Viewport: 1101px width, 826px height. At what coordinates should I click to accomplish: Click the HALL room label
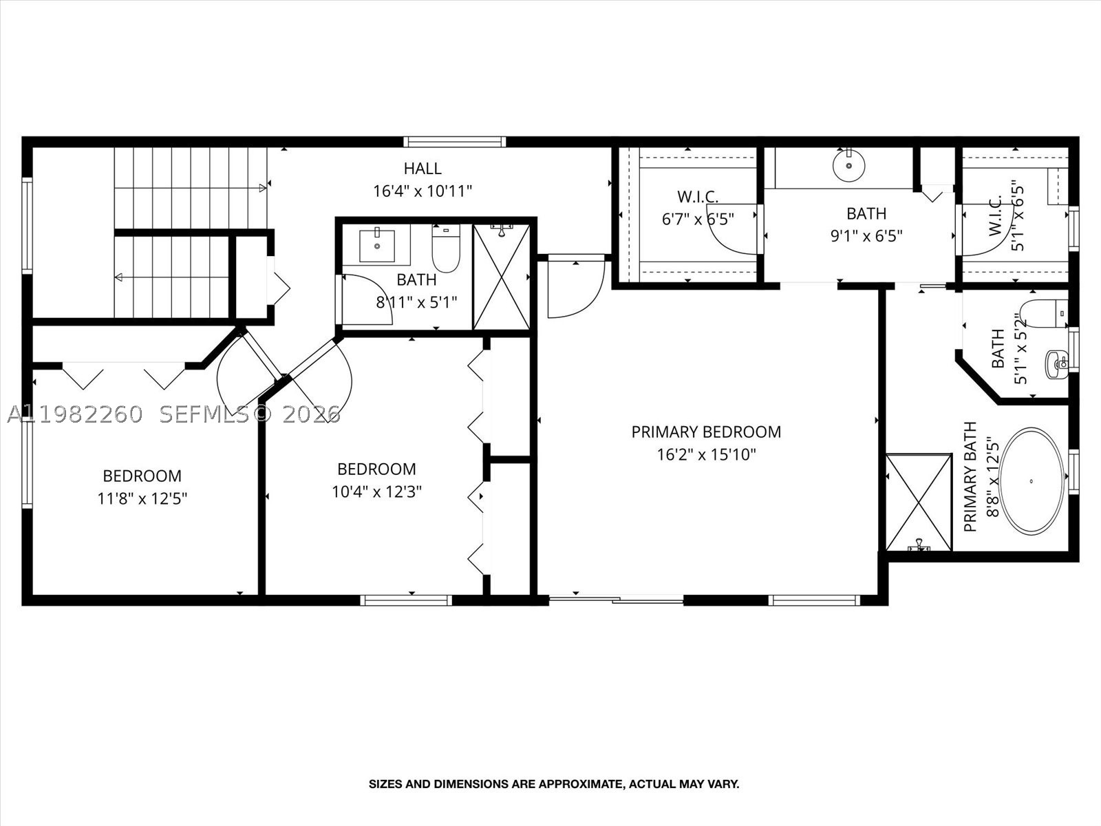pos(423,169)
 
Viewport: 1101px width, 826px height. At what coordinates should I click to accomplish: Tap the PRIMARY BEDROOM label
pos(706,432)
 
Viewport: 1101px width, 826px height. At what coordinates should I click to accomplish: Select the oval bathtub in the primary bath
pos(1031,481)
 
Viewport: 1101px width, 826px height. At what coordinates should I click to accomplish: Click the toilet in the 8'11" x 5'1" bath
pos(446,248)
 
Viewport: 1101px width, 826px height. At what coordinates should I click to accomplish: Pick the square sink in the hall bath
pos(376,246)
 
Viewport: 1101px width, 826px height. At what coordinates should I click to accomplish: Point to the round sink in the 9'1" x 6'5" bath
pos(848,165)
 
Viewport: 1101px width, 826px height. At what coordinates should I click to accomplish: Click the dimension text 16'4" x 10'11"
pos(423,191)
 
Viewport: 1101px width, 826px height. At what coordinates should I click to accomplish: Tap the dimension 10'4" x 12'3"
pos(376,492)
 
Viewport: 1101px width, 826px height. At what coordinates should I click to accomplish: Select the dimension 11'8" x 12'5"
pos(142,499)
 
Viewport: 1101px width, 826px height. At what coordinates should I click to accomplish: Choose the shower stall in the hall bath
pos(502,277)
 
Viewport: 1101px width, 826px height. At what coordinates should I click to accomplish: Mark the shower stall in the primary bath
pos(919,502)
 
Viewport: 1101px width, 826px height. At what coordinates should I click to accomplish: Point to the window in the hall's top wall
pos(454,141)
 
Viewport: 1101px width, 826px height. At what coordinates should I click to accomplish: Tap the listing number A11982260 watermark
pos(75,415)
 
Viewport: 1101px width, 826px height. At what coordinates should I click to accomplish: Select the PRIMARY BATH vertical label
pos(971,476)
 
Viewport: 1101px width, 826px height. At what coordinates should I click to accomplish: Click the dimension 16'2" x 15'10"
pos(706,455)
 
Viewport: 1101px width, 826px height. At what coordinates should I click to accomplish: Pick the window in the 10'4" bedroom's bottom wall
pos(406,600)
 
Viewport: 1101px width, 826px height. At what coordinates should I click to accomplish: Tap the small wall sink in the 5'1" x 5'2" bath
pos(1057,365)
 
